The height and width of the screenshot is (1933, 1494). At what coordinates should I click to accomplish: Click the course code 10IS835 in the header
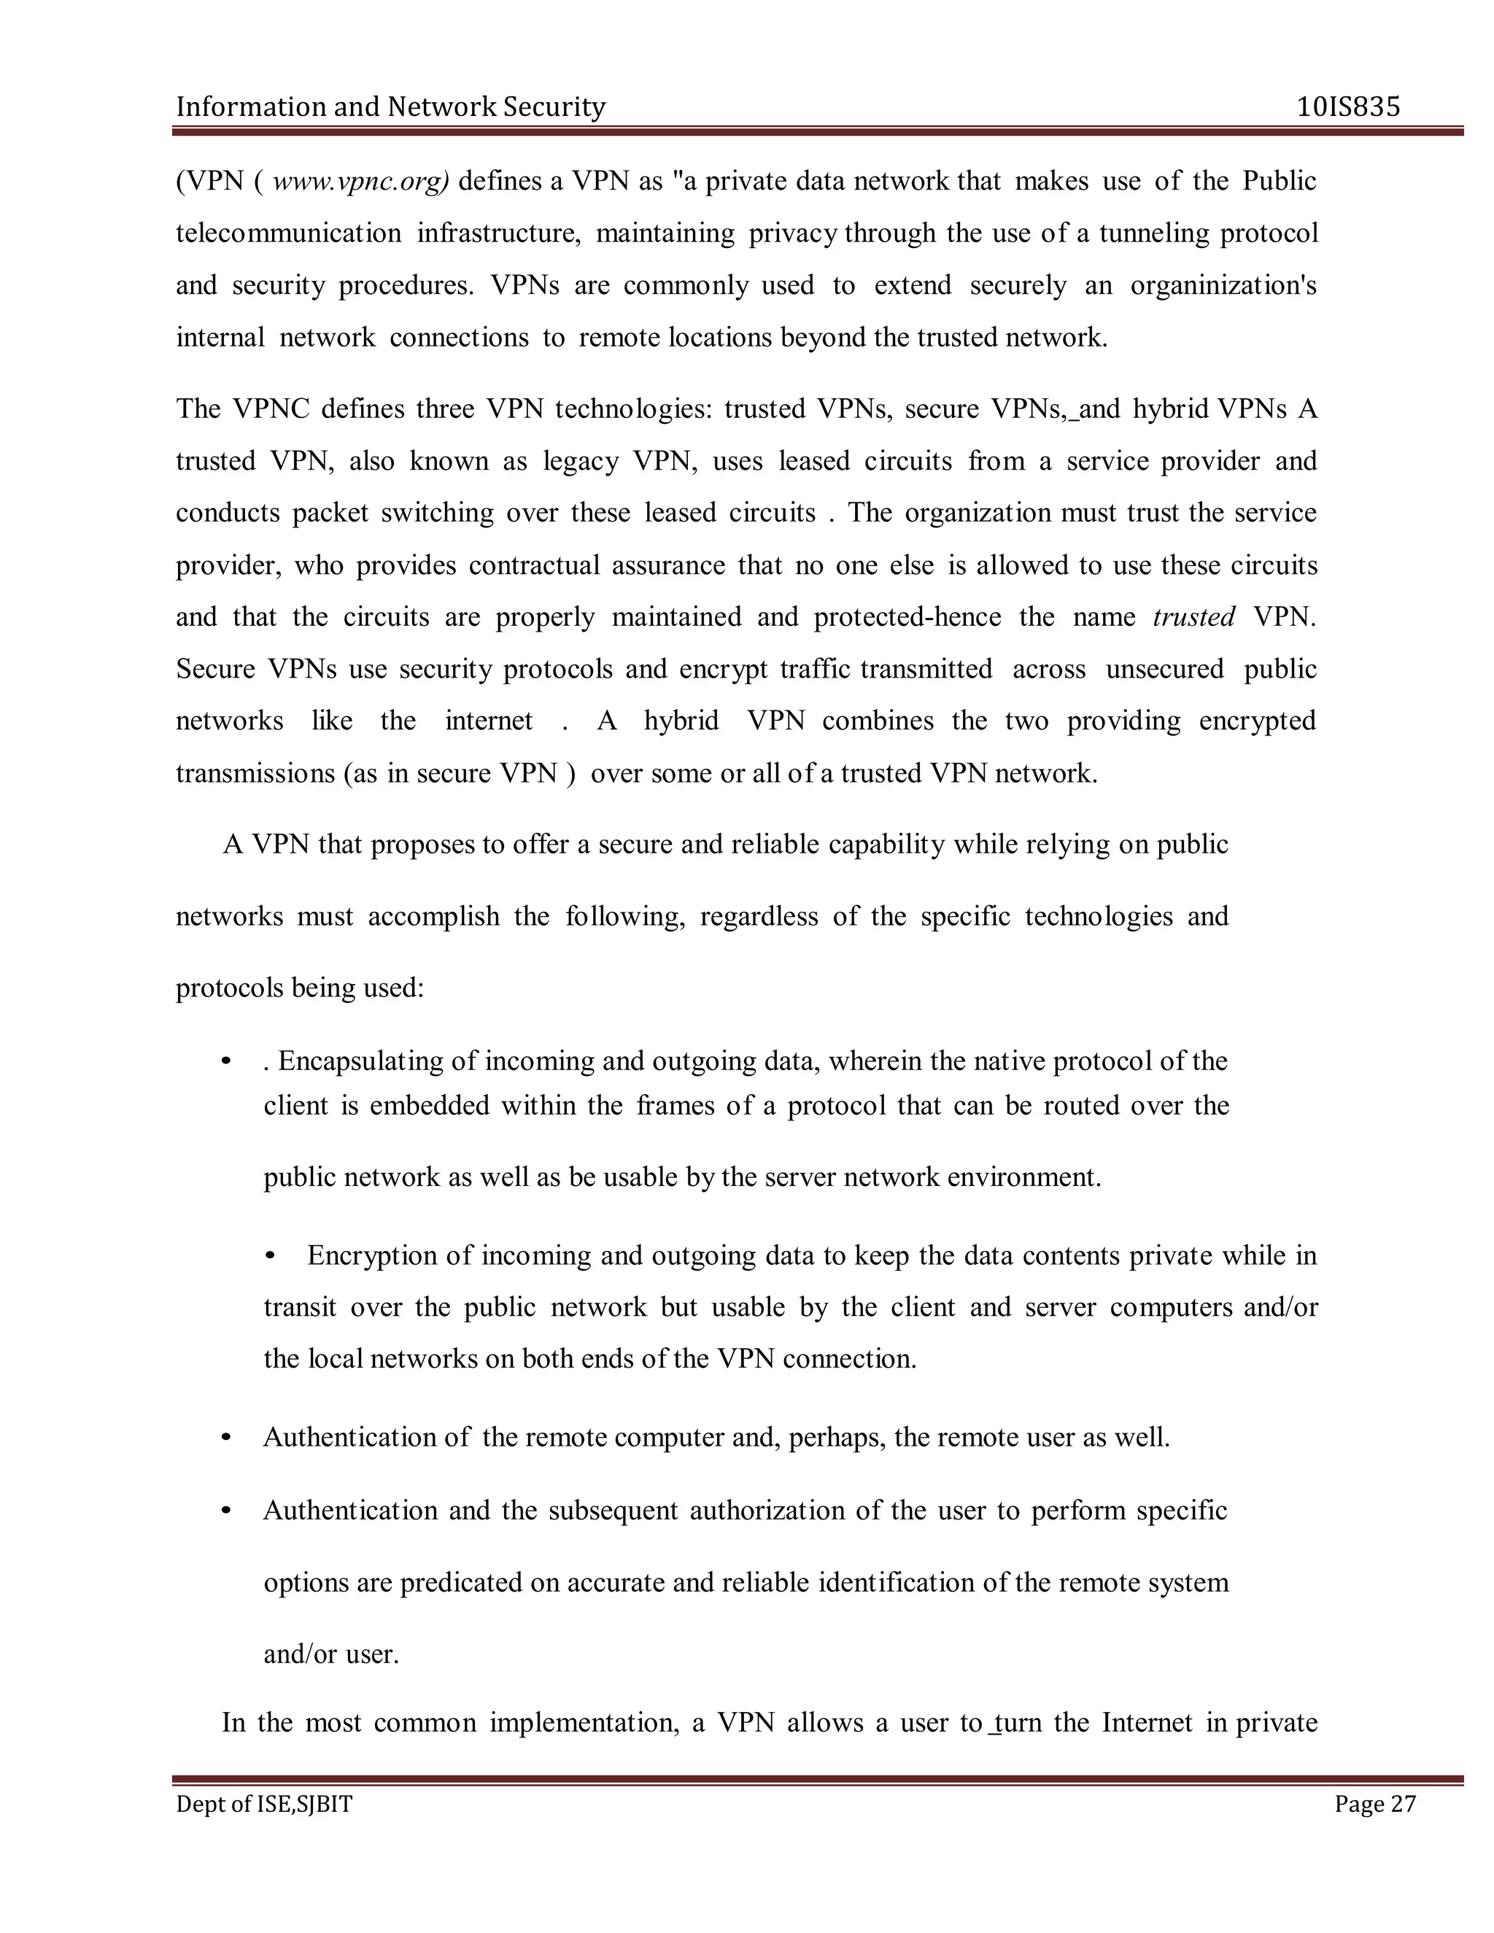click(x=1348, y=107)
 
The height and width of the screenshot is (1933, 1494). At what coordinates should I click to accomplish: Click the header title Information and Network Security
click(x=390, y=107)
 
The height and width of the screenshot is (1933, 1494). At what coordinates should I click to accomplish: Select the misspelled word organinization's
click(x=1223, y=286)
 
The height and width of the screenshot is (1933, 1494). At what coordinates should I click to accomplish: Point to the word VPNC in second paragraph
click(x=271, y=409)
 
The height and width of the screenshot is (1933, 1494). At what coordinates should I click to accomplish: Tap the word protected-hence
click(x=907, y=617)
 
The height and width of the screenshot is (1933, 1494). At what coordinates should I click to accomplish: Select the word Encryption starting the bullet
click(x=370, y=1256)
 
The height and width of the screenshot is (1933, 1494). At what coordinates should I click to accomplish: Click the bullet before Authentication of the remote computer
click(x=227, y=1438)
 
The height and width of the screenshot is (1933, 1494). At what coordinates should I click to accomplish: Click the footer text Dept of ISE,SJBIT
click(x=264, y=1805)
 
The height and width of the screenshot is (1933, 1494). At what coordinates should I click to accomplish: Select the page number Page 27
click(x=1375, y=1805)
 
